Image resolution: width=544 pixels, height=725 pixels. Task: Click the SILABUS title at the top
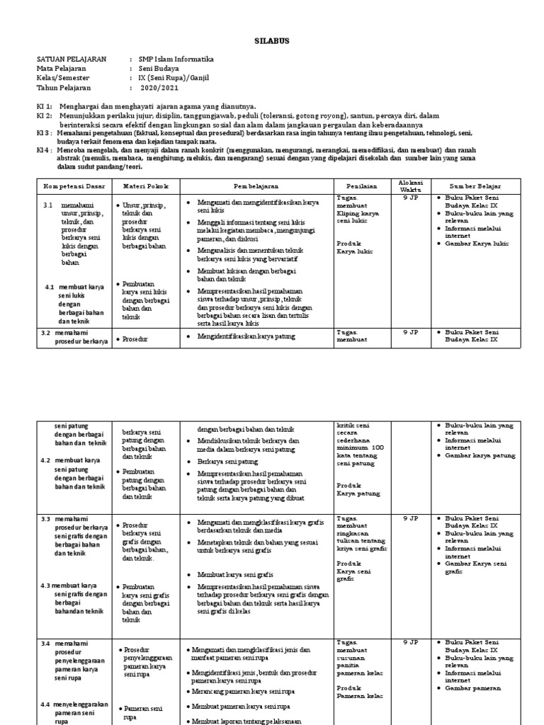pos(271,41)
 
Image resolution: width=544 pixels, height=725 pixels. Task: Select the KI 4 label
pos(44,150)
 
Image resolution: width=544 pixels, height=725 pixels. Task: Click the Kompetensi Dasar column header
pos(72,185)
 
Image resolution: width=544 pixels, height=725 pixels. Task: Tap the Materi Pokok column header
pos(144,185)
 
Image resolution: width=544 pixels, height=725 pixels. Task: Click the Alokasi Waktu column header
pos(411,185)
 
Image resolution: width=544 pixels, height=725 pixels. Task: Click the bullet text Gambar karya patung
pos(480,455)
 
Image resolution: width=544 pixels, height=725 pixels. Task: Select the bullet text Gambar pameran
pos(472,687)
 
